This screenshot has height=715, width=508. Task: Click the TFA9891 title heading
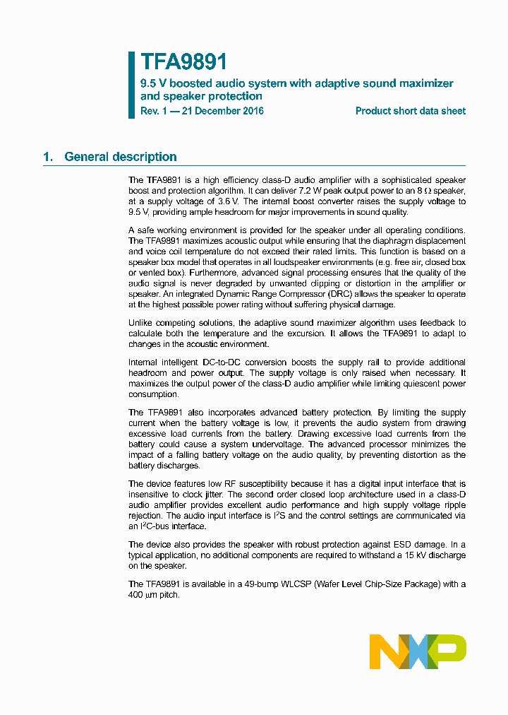(184, 62)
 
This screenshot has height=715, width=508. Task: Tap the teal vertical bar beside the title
(131, 84)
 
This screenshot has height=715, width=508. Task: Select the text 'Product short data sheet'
(410, 111)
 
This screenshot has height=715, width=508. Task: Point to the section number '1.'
(48, 157)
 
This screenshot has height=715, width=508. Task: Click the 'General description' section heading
(121, 157)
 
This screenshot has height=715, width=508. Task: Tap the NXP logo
(418, 651)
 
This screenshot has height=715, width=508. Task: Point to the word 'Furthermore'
(214, 272)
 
